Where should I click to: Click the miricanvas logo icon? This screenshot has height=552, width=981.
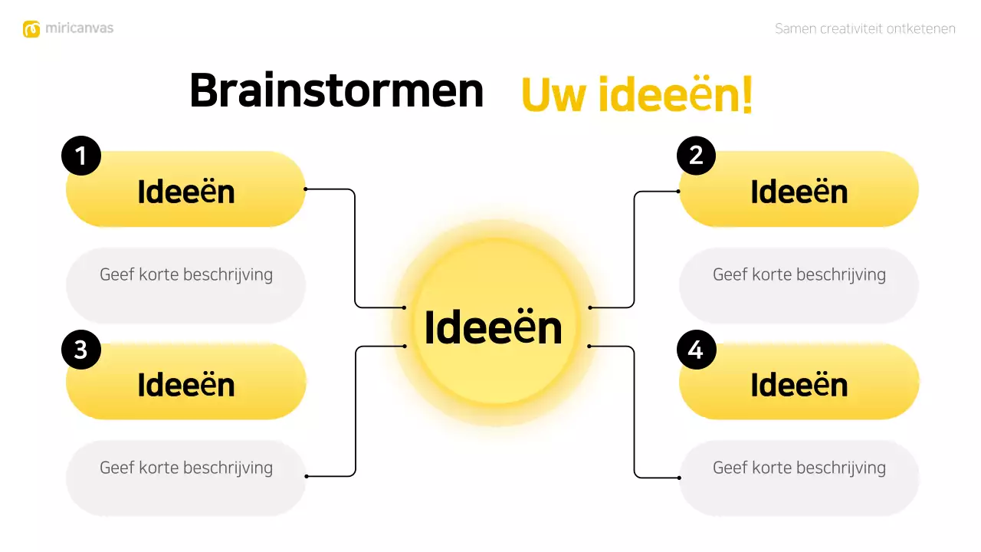pos(31,29)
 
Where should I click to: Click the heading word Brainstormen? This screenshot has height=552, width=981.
pos(336,91)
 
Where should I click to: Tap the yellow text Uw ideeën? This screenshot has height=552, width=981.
pos(636,95)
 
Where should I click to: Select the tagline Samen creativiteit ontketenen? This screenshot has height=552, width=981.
pos(865,29)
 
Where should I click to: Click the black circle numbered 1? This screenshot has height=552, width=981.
pos(81,156)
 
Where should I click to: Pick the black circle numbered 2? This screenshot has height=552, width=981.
pos(696,156)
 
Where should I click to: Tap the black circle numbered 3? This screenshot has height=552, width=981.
pos(81,350)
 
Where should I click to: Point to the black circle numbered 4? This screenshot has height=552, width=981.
pos(696,350)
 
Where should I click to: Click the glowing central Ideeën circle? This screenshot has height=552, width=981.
pos(494,327)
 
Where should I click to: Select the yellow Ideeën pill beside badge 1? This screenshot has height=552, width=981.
pos(186,191)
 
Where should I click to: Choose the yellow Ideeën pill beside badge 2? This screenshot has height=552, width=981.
pos(799,191)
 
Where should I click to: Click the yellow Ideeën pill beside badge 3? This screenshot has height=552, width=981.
pos(186,383)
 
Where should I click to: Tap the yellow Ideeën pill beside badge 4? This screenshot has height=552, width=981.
pos(799,383)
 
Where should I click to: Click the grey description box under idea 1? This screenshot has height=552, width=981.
pos(186,285)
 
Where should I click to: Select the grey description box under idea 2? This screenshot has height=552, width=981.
pos(799,285)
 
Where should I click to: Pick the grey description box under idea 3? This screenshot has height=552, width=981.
pos(186,477)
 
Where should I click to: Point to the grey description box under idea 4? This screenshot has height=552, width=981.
pos(799,477)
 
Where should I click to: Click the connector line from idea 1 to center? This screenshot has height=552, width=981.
pos(355,245)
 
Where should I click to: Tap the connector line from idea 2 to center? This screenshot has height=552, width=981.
pos(635,245)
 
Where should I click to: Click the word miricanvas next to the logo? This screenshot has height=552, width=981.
pos(79,28)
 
